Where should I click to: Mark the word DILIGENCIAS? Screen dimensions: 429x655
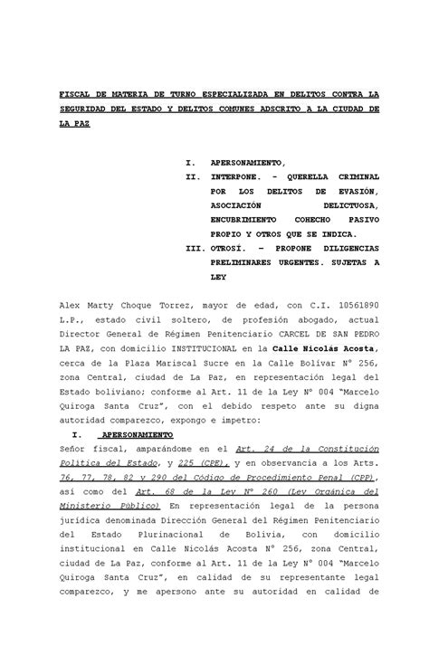tap(345, 246)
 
